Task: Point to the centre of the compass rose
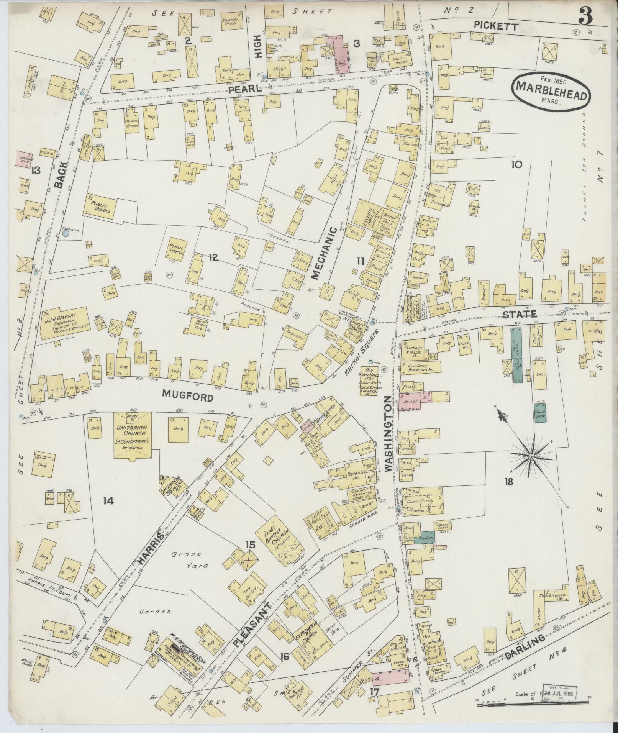click(532, 457)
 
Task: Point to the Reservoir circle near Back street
click(66, 233)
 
